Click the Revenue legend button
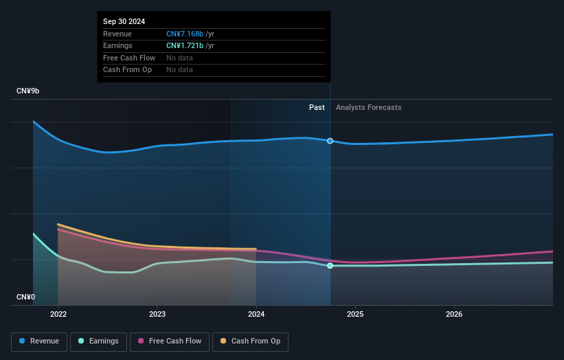[40, 341]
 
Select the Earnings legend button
[98, 341]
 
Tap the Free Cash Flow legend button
[170, 341]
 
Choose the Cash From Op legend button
[251, 341]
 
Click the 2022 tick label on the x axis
[58, 315]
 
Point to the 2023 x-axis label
[157, 315]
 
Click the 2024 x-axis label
[256, 315]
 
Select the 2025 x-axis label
[355, 315]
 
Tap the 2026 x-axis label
[454, 315]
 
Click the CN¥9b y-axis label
[28, 91]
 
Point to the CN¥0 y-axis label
[26, 297]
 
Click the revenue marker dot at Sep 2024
[330, 141]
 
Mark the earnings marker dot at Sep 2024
[330, 265]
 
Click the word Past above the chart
[317, 107]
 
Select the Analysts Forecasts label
[368, 107]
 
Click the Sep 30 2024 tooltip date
[124, 22]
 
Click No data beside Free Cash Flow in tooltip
[179, 58]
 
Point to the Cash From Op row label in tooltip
[128, 69]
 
